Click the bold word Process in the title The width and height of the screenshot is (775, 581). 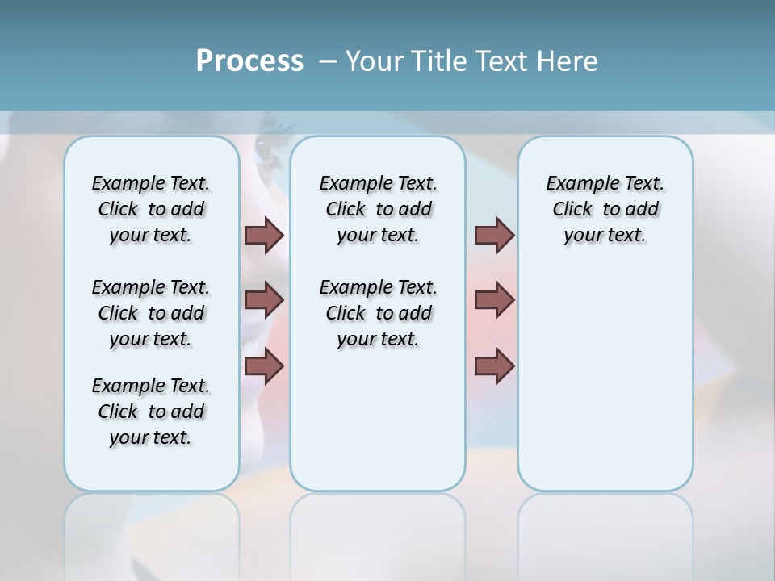point(249,61)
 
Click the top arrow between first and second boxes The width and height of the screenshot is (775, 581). point(264,235)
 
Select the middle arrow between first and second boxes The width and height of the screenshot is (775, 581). point(264,300)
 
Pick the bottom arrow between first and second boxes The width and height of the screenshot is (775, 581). point(264,367)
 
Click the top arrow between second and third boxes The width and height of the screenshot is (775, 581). point(494,235)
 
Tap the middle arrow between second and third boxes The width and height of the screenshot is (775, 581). point(494,300)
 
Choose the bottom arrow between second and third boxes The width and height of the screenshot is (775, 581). point(494,367)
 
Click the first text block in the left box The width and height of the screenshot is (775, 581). point(151,209)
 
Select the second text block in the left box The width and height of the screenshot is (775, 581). point(151,313)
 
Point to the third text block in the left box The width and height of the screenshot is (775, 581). point(151,412)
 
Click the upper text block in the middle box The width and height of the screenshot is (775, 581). point(378,209)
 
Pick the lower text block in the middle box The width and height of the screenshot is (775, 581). point(378,313)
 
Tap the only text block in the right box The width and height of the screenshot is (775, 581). point(605,209)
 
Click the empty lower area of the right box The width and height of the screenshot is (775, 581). point(605,379)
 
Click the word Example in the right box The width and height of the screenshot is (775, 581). point(576,184)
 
